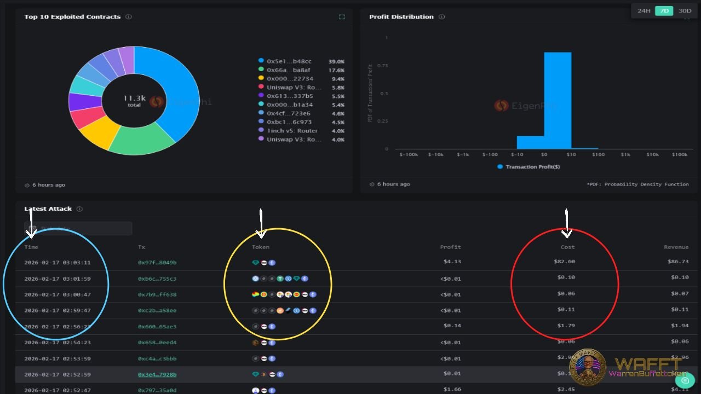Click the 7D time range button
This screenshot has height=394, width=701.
click(x=664, y=11)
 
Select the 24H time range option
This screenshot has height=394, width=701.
click(x=643, y=11)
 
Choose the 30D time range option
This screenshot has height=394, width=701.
click(x=685, y=11)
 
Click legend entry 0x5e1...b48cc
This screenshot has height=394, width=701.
click(x=289, y=61)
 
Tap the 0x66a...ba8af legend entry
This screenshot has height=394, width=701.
click(x=289, y=70)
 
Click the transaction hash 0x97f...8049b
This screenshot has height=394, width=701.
click(x=157, y=263)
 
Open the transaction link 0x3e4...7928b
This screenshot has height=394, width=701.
click(x=157, y=375)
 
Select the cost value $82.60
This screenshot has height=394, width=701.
click(x=564, y=262)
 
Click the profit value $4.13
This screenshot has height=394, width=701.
click(x=452, y=262)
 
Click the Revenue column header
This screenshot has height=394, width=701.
click(x=676, y=247)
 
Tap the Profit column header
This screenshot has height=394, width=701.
click(x=450, y=247)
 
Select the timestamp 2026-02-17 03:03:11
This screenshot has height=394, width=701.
click(x=58, y=263)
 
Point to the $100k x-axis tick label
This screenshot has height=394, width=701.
click(x=679, y=155)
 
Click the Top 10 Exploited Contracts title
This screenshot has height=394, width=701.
click(x=72, y=17)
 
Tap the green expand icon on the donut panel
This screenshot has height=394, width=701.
click(x=342, y=17)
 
